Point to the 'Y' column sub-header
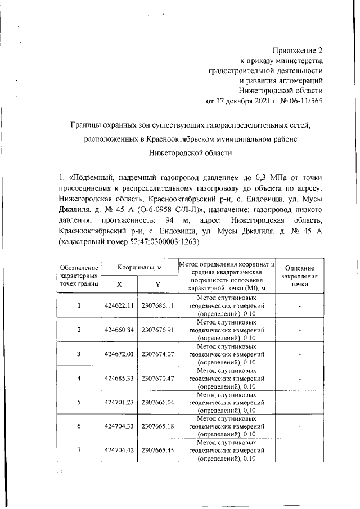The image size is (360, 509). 159,285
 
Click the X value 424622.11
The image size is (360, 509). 119,305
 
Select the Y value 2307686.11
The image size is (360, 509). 159,305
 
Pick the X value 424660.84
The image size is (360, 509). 119,330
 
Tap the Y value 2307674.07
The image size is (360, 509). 159,354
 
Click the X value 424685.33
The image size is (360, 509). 119,378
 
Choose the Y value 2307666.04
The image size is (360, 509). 159,402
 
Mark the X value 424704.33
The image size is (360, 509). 119,426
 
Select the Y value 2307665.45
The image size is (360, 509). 159,451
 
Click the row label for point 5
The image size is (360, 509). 79,402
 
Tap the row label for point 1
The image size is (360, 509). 79,305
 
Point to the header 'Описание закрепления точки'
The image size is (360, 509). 300,276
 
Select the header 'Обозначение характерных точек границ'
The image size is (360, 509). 79,276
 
